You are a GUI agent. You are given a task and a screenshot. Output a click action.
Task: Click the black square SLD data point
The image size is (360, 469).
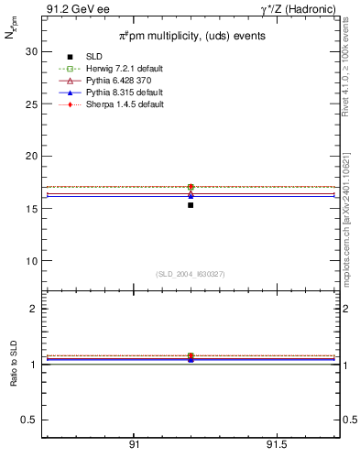click(191, 205)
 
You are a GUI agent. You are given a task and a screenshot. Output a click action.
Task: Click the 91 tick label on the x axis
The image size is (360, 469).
click(134, 444)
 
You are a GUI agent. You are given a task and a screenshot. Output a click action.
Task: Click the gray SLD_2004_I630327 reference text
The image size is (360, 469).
click(190, 274)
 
